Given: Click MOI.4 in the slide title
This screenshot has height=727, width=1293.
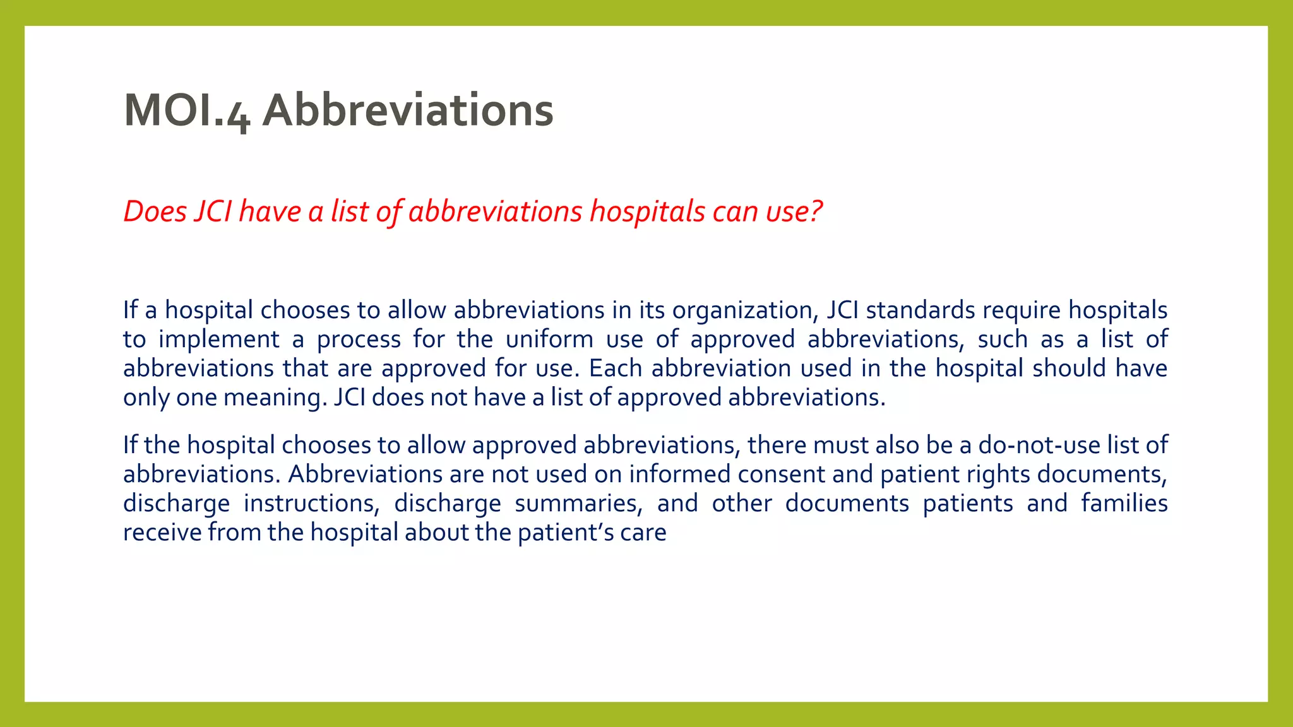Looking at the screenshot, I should click(x=187, y=111).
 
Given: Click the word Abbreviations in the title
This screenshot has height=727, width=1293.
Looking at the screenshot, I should click(x=408, y=111).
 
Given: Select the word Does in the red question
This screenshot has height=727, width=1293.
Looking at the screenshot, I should click(x=155, y=211).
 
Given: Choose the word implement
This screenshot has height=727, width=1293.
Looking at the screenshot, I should click(x=218, y=340).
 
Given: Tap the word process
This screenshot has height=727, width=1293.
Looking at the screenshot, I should click(x=359, y=340).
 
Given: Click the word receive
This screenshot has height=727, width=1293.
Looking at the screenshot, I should click(x=162, y=533).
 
